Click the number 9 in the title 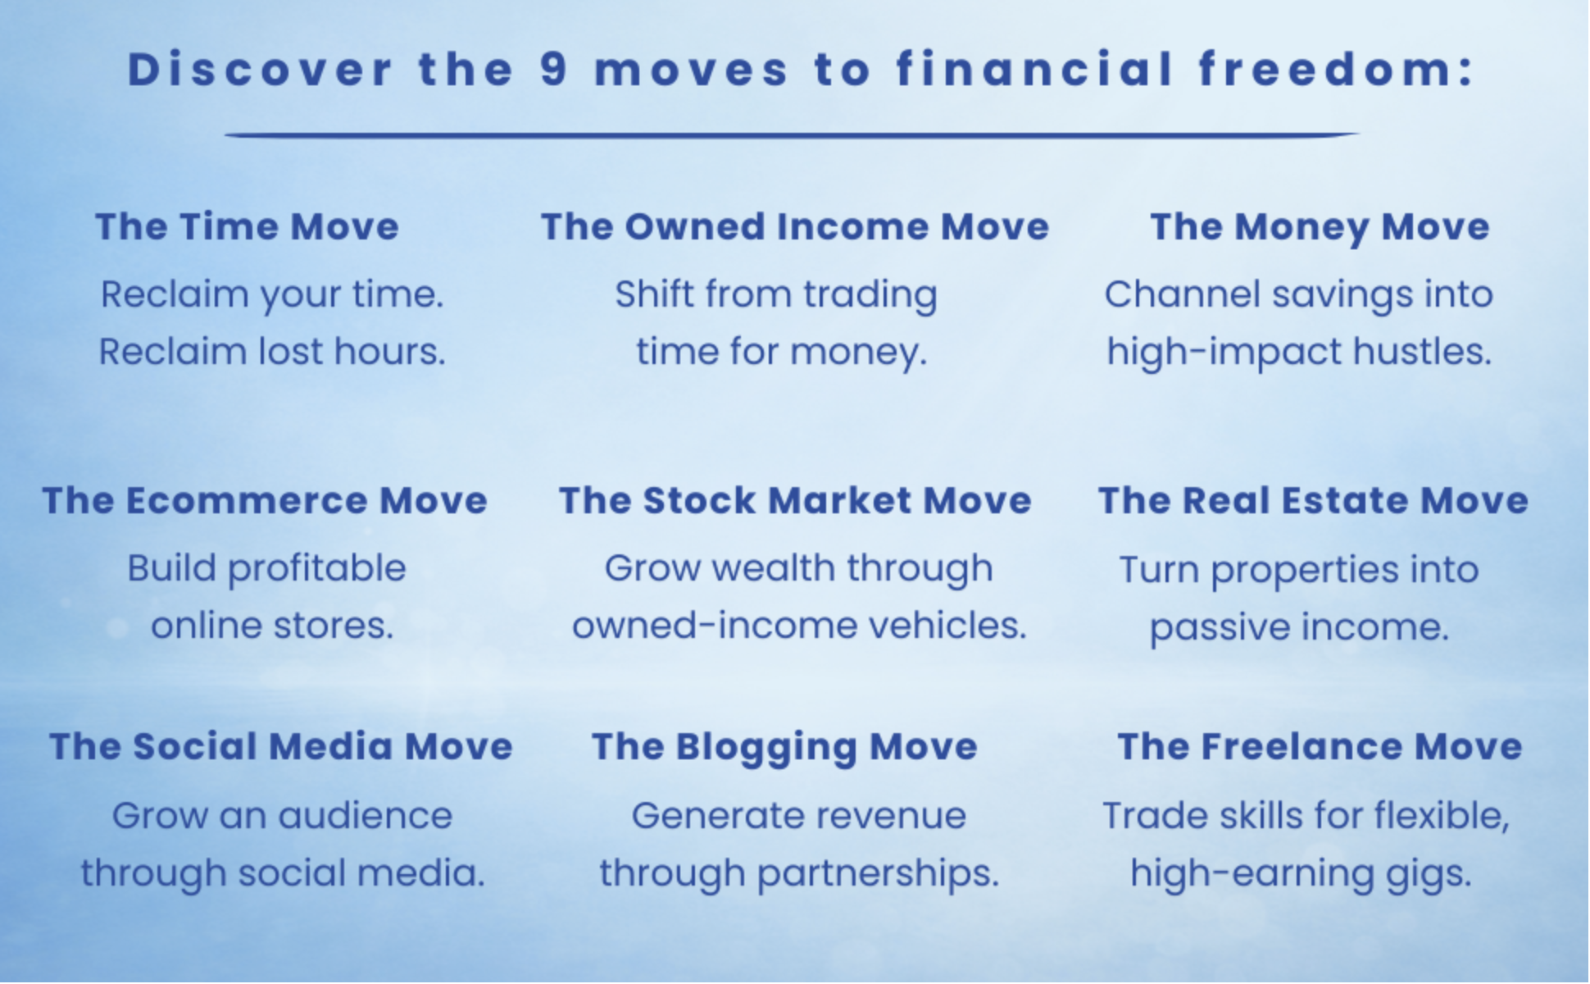554,69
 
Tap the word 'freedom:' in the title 1336,68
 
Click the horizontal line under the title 792,134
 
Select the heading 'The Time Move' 247,226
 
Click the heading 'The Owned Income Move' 795,226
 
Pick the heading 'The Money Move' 1320,227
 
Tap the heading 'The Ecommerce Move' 265,500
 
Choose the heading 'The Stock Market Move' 795,500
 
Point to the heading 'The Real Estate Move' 1313,500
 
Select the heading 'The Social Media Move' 280,746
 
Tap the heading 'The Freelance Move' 1320,746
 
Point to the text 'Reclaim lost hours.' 272,351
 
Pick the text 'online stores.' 272,626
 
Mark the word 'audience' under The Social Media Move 365,816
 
